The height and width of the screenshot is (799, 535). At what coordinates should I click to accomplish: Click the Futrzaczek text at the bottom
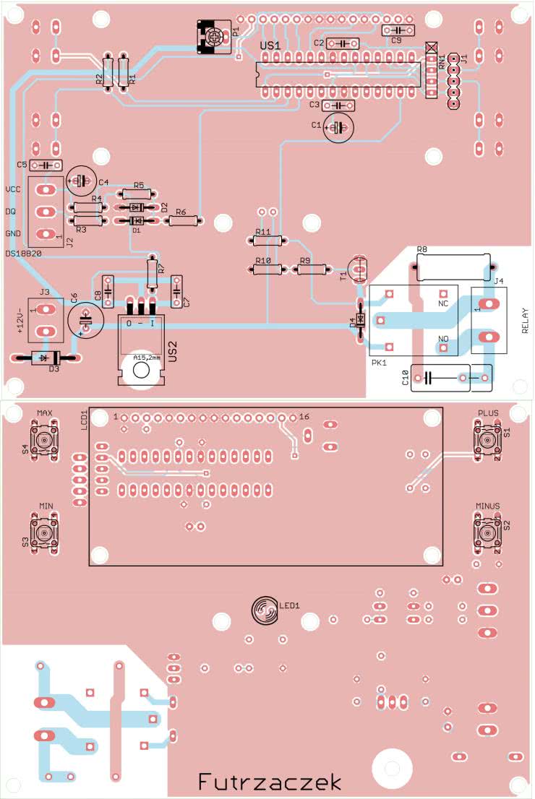(269, 782)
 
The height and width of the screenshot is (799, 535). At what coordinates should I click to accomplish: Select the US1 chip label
(270, 46)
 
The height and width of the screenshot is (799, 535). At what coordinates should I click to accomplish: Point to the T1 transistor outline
(359, 269)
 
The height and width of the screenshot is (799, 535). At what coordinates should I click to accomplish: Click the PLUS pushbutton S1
(487, 439)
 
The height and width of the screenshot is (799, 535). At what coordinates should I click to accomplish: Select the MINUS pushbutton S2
(487, 532)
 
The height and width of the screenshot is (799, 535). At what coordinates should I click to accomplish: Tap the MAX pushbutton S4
(45, 440)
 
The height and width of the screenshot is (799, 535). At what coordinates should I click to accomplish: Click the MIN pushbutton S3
(45, 533)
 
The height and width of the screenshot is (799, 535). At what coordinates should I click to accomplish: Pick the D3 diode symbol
(45, 357)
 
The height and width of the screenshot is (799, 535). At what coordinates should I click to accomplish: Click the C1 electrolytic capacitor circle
(337, 128)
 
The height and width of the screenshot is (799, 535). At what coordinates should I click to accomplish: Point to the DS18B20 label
(23, 254)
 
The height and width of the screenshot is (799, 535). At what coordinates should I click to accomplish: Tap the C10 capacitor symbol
(427, 377)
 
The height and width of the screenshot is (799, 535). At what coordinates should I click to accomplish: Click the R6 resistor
(183, 222)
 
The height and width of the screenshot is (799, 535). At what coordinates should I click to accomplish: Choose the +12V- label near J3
(21, 320)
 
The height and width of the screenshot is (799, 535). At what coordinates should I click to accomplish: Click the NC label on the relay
(444, 304)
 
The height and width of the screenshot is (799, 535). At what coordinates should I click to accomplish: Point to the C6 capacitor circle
(84, 319)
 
